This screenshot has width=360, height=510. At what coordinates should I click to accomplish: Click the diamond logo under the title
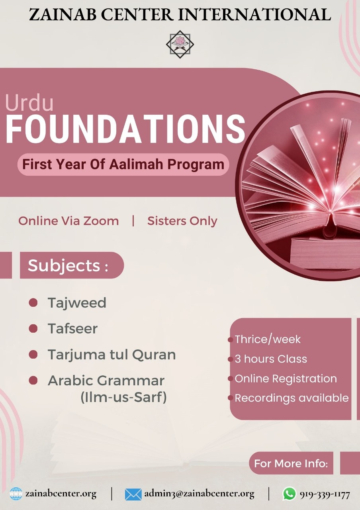[180, 44]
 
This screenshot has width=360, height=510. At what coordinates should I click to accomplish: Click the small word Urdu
[29, 102]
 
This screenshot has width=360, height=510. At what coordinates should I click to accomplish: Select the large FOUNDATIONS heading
[125, 129]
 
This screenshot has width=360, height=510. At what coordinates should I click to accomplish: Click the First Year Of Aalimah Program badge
[123, 165]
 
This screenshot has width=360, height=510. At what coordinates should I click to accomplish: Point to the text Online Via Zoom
[68, 221]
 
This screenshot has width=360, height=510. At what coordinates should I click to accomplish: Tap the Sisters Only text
[182, 221]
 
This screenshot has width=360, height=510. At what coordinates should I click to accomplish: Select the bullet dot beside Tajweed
[33, 302]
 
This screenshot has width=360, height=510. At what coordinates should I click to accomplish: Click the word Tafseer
[72, 329]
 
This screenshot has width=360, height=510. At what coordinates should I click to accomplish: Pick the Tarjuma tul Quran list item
[112, 355]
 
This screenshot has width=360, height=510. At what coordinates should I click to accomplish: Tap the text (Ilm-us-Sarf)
[124, 397]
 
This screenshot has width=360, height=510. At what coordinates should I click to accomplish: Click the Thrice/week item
[268, 339]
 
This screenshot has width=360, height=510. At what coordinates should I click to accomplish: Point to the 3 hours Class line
[271, 359]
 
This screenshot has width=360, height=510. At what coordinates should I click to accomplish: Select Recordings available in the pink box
[292, 398]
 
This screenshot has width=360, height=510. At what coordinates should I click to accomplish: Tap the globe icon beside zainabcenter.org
[16, 494]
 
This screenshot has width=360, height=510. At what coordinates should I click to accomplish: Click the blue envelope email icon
[133, 494]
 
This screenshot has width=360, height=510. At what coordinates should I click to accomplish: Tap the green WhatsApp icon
[289, 493]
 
